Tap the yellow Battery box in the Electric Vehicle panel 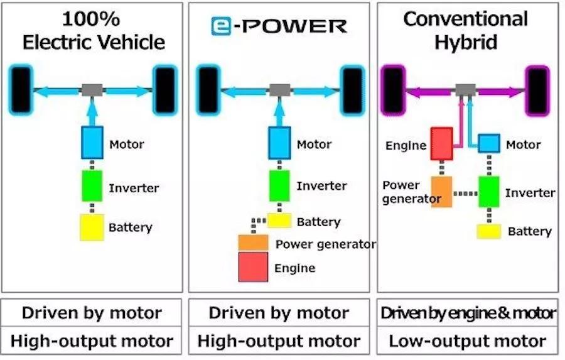pyautogui.click(x=92, y=227)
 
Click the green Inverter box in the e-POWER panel pyautogui.click(x=279, y=186)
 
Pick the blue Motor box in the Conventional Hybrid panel pyautogui.click(x=488, y=143)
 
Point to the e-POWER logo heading pyautogui.click(x=279, y=26)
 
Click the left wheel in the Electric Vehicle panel pyautogui.click(x=21, y=91)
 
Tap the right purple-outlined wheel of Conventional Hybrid pyautogui.click(x=537, y=91)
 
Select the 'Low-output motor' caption pyautogui.click(x=467, y=341)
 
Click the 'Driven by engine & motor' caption pyautogui.click(x=467, y=313)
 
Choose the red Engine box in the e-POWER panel pyautogui.click(x=253, y=267)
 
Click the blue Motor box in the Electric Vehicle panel pyautogui.click(x=92, y=143)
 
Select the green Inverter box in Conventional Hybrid pyautogui.click(x=488, y=192)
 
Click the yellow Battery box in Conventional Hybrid pyautogui.click(x=488, y=231)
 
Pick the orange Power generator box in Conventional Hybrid pyautogui.click(x=441, y=192)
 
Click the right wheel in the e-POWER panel pyautogui.click(x=352, y=91)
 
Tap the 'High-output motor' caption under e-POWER pyautogui.click(x=279, y=341)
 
